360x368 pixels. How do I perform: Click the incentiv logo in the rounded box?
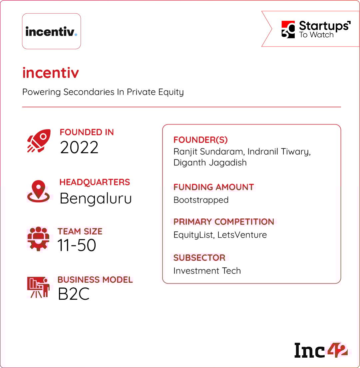click(51, 31)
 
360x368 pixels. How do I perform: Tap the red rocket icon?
click(39, 141)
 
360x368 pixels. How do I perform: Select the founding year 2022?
click(79, 148)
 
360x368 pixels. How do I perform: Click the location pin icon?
click(38, 191)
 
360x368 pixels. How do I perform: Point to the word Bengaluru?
click(96, 198)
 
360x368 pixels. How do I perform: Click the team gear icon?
click(38, 239)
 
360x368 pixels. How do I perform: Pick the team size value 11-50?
click(77, 245)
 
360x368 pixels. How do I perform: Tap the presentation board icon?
click(38, 287)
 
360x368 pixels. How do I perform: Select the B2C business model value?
click(74, 294)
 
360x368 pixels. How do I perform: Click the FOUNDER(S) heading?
click(201, 140)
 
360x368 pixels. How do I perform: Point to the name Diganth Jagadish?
click(210, 163)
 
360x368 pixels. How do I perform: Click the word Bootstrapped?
click(201, 200)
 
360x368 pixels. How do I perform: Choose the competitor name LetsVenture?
click(242, 235)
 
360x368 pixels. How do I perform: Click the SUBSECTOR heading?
click(199, 258)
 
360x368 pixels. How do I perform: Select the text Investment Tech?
click(207, 271)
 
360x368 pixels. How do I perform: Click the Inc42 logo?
click(321, 350)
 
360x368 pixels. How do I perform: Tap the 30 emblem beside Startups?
click(288, 29)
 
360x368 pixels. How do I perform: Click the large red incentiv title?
click(51, 73)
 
